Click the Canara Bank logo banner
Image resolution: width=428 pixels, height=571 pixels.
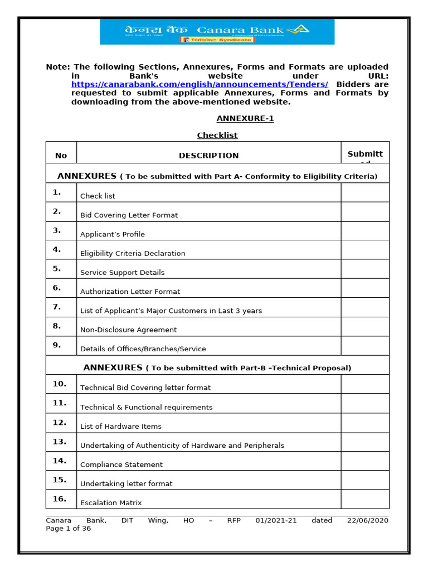coord(217,32)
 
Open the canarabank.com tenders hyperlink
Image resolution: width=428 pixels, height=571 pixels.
coord(200,84)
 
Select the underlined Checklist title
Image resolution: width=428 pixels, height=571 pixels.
coord(217,136)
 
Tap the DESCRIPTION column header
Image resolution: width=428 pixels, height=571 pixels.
coord(208,156)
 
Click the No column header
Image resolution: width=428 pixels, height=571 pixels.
coord(61,156)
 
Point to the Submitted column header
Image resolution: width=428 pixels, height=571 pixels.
coord(365,154)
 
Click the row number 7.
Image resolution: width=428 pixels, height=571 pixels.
coord(57,307)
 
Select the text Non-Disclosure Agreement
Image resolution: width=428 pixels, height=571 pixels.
coord(128,330)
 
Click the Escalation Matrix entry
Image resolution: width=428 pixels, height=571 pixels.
coord(111,502)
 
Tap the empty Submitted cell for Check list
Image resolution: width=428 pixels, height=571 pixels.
coord(365,193)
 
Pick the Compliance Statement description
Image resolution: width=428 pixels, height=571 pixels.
coord(121,464)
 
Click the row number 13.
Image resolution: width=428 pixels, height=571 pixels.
coord(60,442)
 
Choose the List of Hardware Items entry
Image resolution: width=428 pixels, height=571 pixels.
coord(121,426)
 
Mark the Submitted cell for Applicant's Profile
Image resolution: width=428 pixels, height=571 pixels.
coord(365,231)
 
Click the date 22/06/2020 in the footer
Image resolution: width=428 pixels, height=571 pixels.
coord(368,520)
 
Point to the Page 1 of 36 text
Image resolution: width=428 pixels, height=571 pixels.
coord(68,529)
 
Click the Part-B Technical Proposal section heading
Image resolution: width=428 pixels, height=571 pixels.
coord(217,367)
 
